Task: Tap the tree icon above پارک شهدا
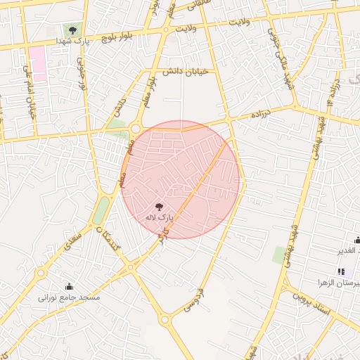[x=72, y=30]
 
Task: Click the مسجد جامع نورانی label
[x=70, y=297]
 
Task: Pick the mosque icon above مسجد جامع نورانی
[x=69, y=286]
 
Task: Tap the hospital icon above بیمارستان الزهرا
[x=341, y=271]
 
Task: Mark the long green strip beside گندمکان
[x=101, y=210]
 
